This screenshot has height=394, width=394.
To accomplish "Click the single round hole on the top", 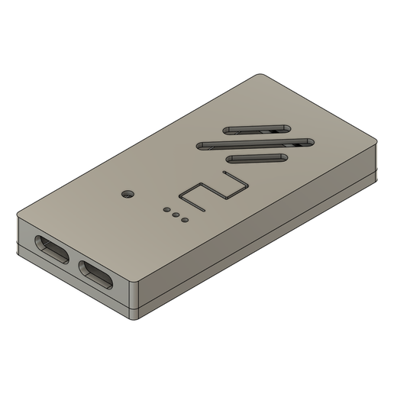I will (x=128, y=193).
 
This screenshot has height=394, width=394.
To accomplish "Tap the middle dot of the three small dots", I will (x=176, y=216).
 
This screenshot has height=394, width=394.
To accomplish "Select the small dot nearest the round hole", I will (x=166, y=208).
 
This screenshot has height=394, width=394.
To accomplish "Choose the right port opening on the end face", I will (x=97, y=276).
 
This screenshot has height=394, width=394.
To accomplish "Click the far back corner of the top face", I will (x=260, y=75).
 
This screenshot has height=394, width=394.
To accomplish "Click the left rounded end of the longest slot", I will (x=200, y=145).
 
